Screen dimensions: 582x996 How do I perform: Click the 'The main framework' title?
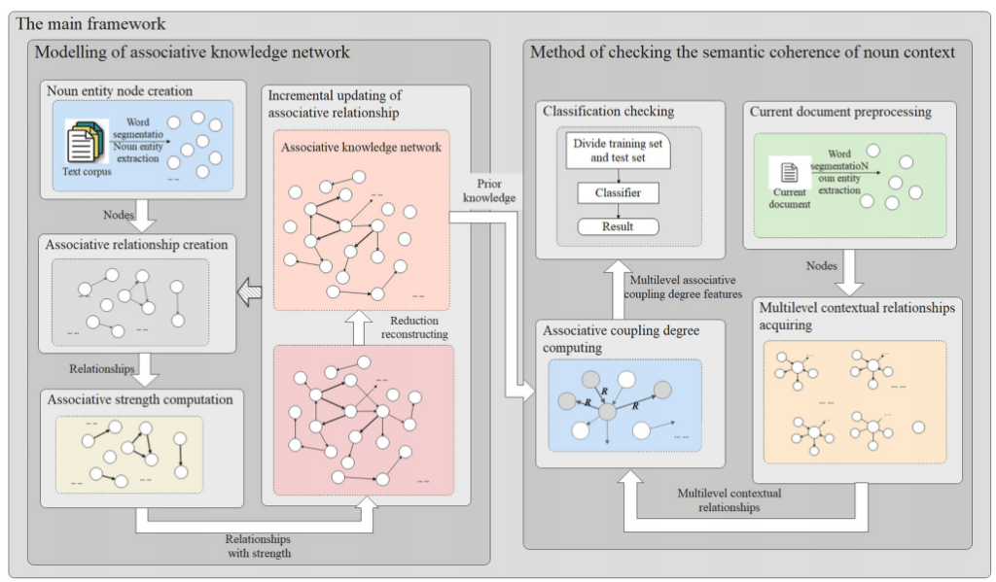click(90, 23)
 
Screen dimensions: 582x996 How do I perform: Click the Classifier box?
click(618, 192)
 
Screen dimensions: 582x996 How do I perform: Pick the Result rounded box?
click(618, 226)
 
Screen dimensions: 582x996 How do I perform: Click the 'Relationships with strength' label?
click(259, 546)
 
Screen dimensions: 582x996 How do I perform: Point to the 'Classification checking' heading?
click(610, 112)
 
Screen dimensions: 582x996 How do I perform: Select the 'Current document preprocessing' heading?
click(840, 112)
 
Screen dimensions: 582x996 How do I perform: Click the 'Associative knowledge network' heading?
click(361, 148)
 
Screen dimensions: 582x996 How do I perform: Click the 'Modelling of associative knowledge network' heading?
click(192, 52)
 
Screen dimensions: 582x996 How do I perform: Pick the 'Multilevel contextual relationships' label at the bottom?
click(729, 499)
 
